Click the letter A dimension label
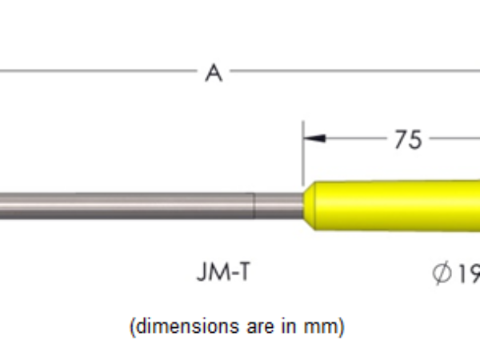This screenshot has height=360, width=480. (x=213, y=74)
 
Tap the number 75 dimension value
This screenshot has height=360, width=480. (x=407, y=139)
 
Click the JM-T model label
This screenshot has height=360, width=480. (x=228, y=274)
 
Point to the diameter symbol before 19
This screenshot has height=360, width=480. (x=442, y=274)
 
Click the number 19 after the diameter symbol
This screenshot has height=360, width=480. (x=468, y=274)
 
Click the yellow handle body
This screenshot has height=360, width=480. (x=400, y=206)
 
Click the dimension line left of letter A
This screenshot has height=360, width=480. (x=96, y=71)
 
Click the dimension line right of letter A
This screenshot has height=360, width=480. (x=352, y=71)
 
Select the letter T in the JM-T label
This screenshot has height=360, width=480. (x=252, y=274)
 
